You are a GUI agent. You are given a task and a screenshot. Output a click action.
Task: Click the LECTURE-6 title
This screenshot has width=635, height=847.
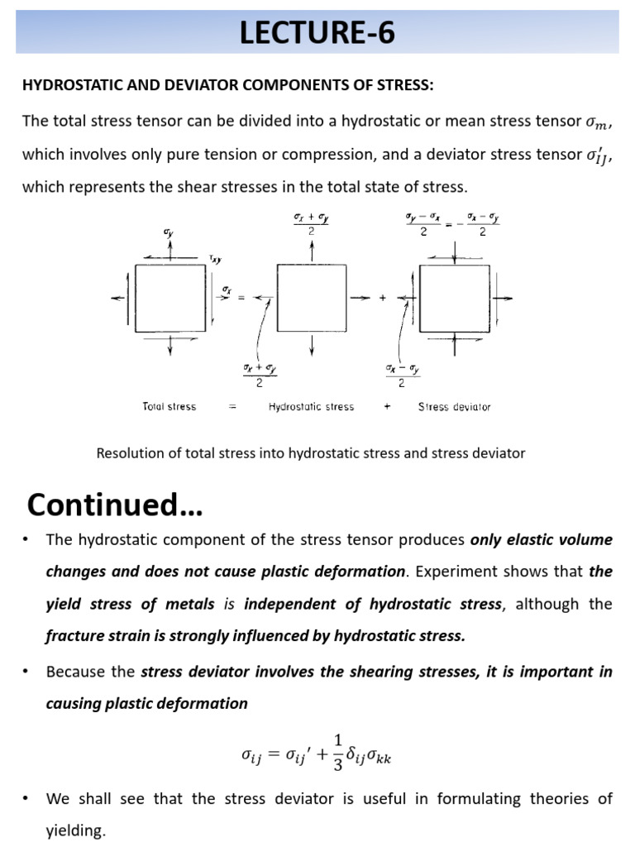(x=317, y=33)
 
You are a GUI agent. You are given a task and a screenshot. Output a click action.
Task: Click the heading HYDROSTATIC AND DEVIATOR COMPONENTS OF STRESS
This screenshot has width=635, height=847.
(x=227, y=86)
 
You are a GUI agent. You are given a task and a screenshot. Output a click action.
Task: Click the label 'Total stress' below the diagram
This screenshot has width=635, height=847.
(x=169, y=406)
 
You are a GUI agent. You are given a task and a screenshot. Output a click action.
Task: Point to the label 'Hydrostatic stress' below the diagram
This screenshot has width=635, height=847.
(x=311, y=406)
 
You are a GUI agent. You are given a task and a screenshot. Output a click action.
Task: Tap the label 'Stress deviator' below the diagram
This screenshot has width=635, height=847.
(x=454, y=406)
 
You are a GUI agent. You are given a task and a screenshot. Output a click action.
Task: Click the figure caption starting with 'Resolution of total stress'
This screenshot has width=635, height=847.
(x=311, y=453)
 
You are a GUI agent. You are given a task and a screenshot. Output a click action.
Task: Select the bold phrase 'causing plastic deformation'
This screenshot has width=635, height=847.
(x=147, y=703)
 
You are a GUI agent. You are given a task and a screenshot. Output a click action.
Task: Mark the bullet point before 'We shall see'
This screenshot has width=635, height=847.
(x=27, y=799)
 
